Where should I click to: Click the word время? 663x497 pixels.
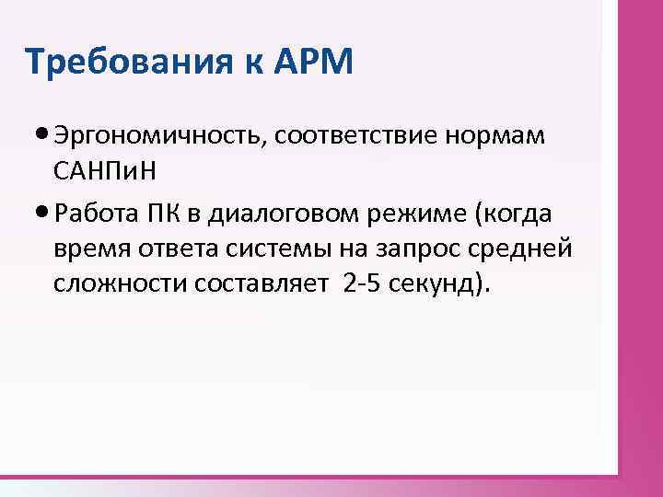pos(90,249)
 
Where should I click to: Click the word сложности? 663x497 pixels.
pos(120,285)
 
